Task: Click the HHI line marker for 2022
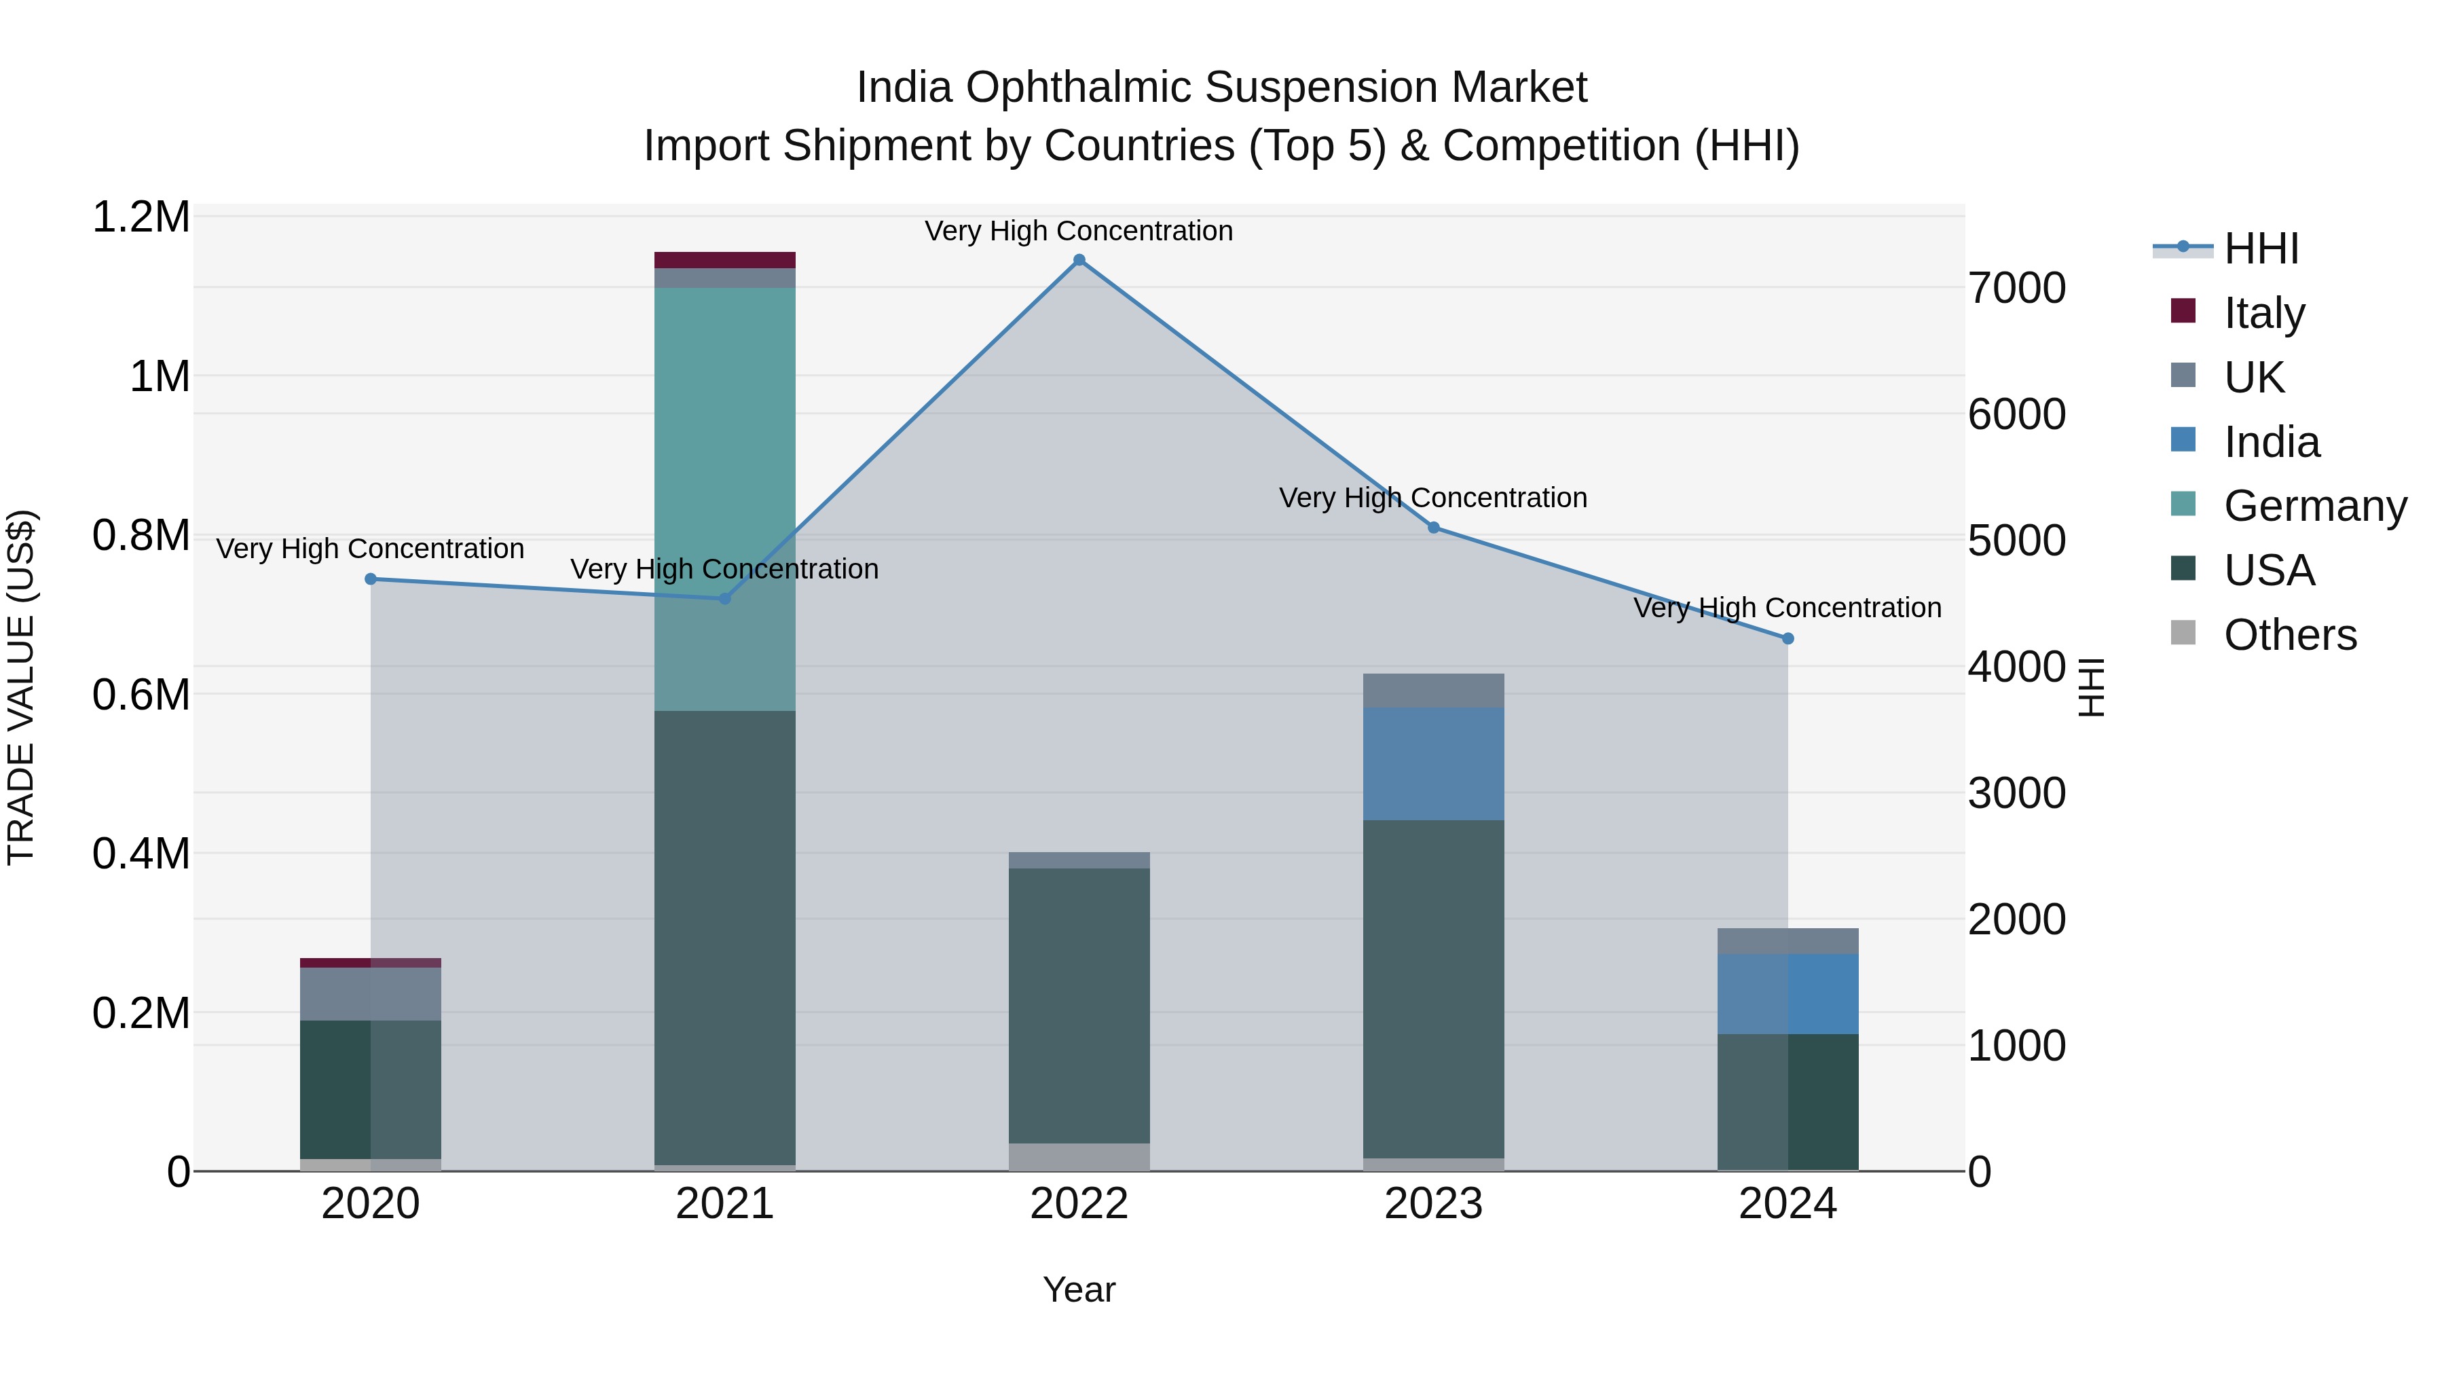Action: tap(1079, 260)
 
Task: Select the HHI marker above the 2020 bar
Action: tap(371, 579)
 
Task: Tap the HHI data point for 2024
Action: tap(1788, 639)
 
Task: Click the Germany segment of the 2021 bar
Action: tap(725, 498)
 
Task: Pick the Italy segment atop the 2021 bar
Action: tap(725, 260)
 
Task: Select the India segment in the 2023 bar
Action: tap(1434, 764)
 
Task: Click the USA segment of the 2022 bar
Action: tap(1079, 1006)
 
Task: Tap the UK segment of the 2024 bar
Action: tap(1788, 941)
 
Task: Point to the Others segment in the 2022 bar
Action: tap(1079, 1157)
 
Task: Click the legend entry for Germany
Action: tap(2315, 506)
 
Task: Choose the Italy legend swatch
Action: tap(2183, 311)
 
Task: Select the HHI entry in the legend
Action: tap(2260, 249)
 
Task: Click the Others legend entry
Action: tap(2289, 635)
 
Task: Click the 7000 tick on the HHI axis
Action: tap(2016, 289)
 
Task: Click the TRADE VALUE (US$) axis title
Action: tap(22, 687)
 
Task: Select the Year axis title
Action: tap(1079, 1289)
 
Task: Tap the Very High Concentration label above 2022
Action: tap(1079, 231)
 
